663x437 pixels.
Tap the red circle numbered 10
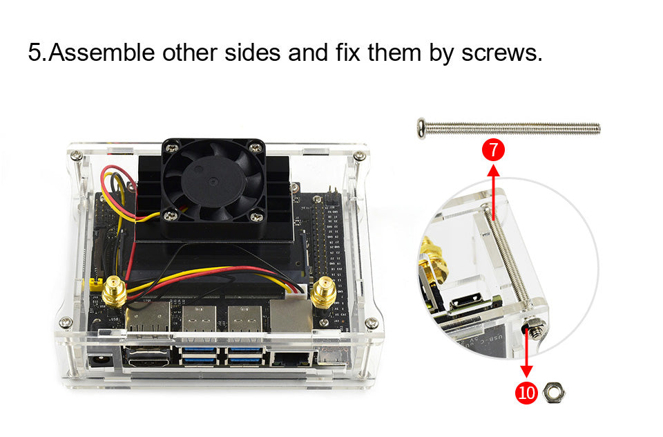tap(526, 393)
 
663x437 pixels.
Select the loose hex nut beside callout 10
tap(555, 393)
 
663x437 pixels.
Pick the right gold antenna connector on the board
tap(322, 294)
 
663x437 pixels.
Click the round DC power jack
tap(97, 360)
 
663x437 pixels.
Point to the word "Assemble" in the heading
tap(102, 53)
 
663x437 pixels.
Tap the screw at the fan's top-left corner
tap(169, 147)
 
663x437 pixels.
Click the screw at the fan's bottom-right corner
tap(256, 217)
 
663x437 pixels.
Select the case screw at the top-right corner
tap(359, 156)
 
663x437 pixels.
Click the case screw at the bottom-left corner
tap(66, 322)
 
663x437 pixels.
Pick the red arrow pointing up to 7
tap(494, 187)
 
